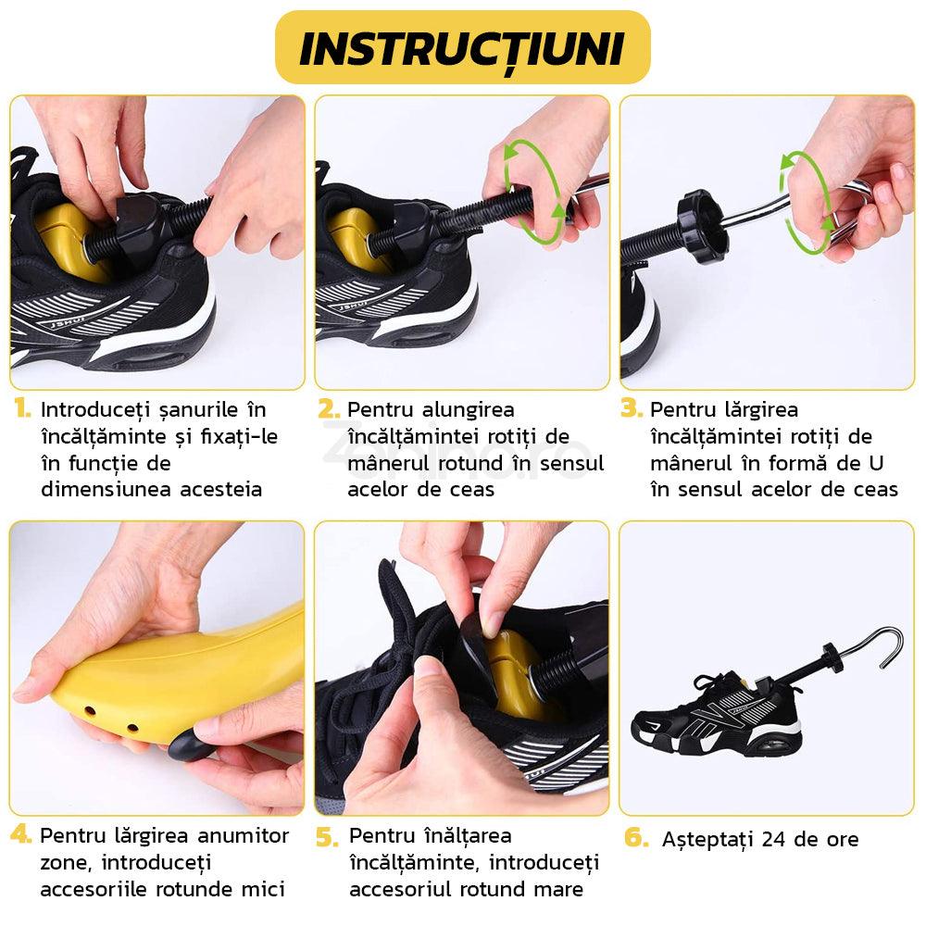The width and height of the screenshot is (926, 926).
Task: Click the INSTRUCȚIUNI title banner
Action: (x=462, y=48)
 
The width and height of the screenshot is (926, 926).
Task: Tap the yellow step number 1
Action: (x=21, y=408)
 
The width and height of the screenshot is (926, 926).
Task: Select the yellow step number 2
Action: (x=328, y=408)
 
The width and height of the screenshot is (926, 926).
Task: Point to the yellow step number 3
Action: (x=632, y=408)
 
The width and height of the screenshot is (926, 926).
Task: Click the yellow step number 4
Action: (x=21, y=834)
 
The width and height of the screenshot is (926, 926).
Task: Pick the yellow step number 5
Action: (x=328, y=837)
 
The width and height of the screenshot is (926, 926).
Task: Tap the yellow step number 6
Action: (x=636, y=837)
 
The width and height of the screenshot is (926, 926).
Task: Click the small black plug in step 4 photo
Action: (x=189, y=743)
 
